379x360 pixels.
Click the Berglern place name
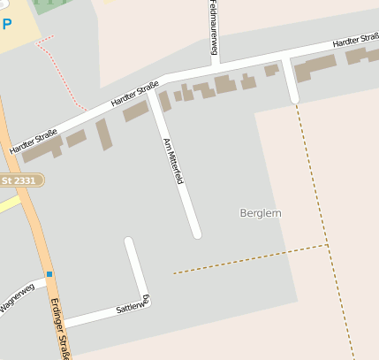tap(261, 213)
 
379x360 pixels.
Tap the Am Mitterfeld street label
tap(173, 161)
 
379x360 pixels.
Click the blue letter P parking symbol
tap(7, 24)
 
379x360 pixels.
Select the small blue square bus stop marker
tap(49, 274)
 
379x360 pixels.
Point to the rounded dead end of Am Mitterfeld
tap(196, 234)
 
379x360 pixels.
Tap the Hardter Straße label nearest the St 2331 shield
tap(34, 142)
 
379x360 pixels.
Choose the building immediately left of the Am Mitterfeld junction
tap(135, 111)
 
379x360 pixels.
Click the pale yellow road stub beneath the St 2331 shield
tap(9, 203)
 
